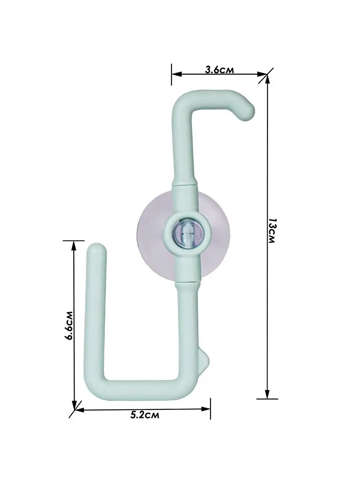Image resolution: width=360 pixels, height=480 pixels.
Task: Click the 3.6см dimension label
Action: coord(219,70)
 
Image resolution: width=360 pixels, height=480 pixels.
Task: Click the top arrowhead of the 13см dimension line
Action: coord(267,79)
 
